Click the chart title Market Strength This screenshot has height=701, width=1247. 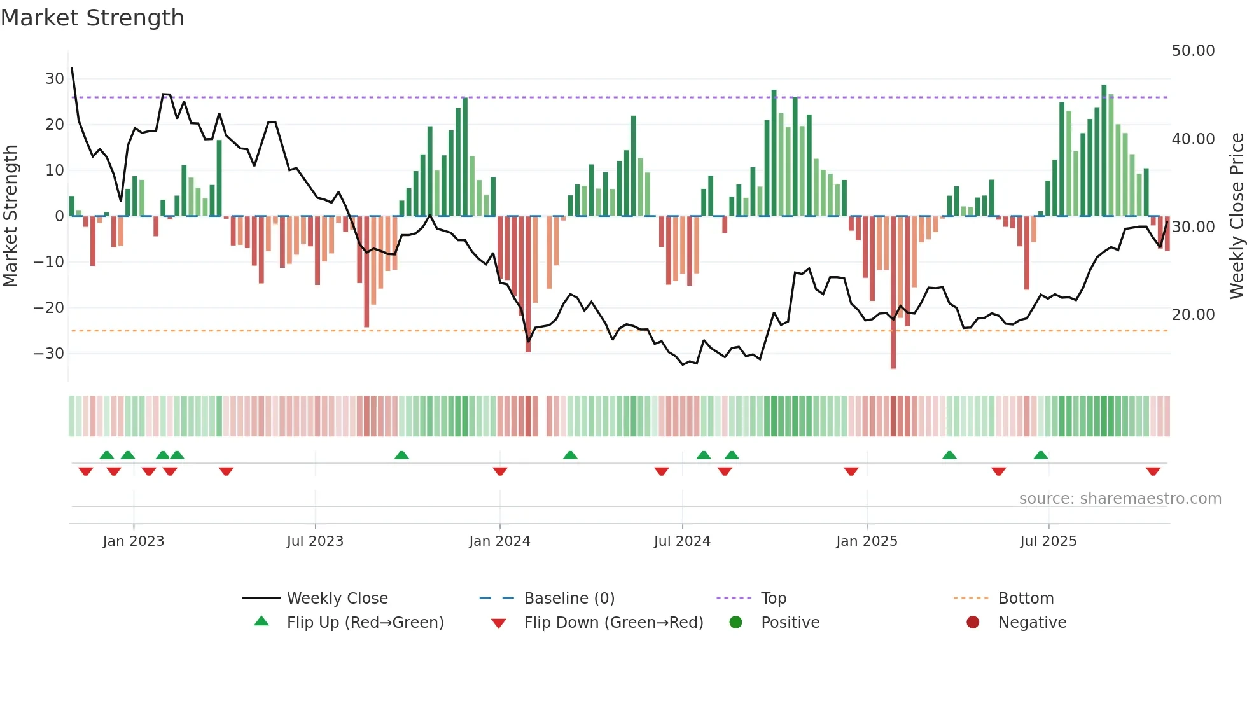click(92, 18)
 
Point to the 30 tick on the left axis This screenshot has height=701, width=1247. click(55, 79)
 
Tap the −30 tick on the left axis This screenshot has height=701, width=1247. click(50, 353)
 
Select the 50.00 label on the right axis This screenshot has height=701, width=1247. click(1193, 51)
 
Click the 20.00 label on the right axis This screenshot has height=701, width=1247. click(1193, 314)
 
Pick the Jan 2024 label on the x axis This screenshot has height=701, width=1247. click(499, 541)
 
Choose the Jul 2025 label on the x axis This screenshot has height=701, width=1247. click(1048, 541)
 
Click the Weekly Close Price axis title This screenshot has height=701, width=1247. click(1236, 216)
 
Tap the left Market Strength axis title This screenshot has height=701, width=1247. click(10, 216)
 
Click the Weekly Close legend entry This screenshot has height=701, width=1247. click(337, 599)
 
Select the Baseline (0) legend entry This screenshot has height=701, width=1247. click(569, 599)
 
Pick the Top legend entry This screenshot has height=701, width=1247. click(773, 599)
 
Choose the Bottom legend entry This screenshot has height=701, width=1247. click(1026, 599)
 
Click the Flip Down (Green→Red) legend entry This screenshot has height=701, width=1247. click(613, 623)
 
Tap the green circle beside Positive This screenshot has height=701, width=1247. click(735, 623)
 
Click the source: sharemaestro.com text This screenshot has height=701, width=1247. click(1120, 499)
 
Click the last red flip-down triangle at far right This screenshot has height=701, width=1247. click(1153, 471)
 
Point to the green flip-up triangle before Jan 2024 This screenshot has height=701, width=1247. click(401, 455)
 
